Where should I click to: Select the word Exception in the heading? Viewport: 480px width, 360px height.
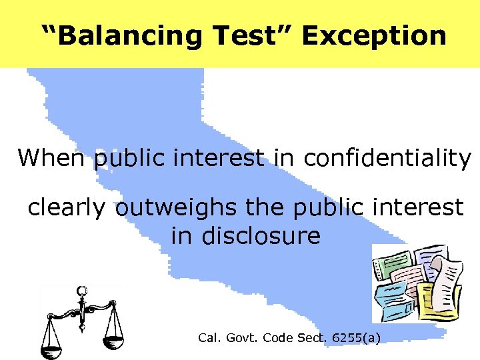(x=374, y=35)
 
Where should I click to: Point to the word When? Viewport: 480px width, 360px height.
(x=52, y=158)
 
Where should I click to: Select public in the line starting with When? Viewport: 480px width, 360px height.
(x=131, y=158)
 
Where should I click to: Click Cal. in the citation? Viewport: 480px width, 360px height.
(x=209, y=338)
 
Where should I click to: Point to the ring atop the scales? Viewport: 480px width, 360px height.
(x=82, y=291)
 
